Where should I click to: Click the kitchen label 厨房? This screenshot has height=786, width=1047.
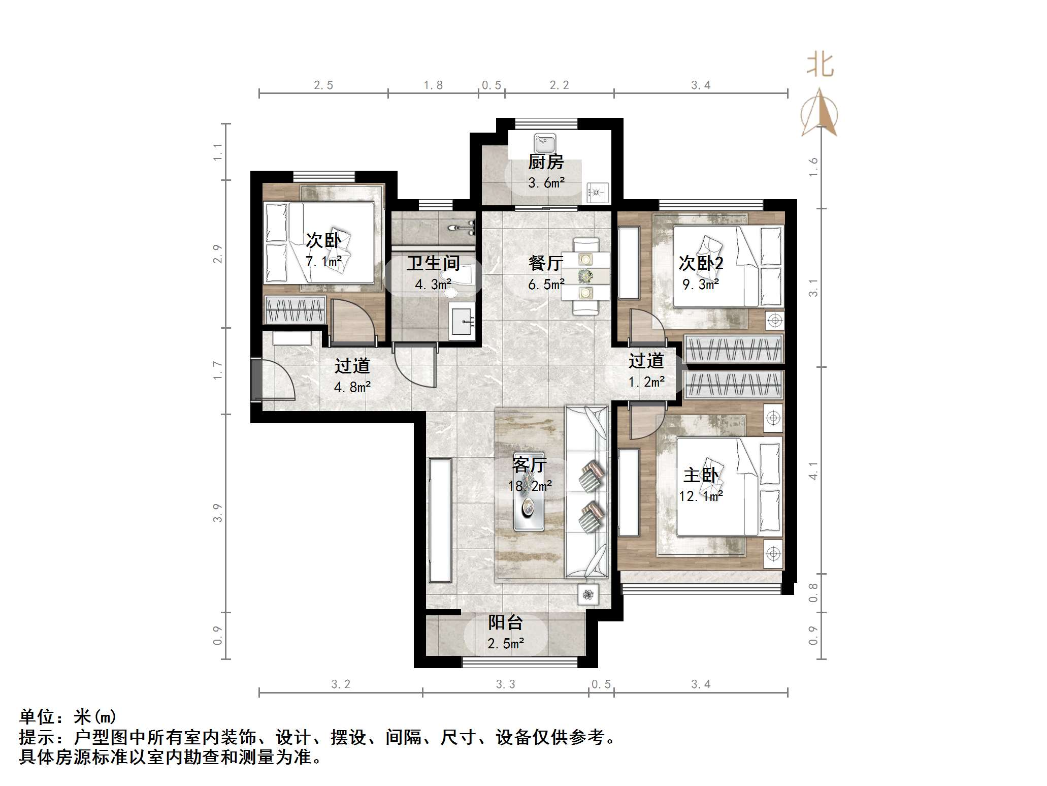pyautogui.click(x=546, y=162)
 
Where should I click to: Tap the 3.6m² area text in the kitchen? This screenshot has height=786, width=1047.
pyautogui.click(x=546, y=183)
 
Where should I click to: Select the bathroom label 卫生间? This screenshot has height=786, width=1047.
pyautogui.click(x=433, y=263)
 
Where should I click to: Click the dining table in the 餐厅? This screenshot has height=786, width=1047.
pyautogui.click(x=586, y=276)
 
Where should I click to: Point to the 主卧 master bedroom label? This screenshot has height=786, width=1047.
pyautogui.click(x=701, y=475)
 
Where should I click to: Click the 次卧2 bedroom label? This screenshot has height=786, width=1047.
pyautogui.click(x=701, y=263)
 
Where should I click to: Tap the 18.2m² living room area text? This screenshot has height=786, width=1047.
pyautogui.click(x=530, y=486)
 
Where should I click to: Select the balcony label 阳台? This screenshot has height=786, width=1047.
pyautogui.click(x=505, y=622)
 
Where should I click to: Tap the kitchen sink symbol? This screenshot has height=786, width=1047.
pyautogui.click(x=545, y=144)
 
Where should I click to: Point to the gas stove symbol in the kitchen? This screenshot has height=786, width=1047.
pyautogui.click(x=597, y=193)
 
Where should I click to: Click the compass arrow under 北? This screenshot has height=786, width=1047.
pyautogui.click(x=819, y=114)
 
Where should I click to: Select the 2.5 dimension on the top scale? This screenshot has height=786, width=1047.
pyautogui.click(x=323, y=85)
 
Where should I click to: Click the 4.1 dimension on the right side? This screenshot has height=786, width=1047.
pyautogui.click(x=813, y=470)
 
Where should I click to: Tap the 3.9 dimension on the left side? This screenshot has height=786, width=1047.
pyautogui.click(x=218, y=513)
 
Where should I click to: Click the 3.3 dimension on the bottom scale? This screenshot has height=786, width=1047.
pyautogui.click(x=505, y=684)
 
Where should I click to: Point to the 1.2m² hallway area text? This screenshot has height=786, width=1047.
pyautogui.click(x=646, y=382)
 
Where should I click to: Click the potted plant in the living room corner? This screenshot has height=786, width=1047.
pyautogui.click(x=588, y=594)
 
